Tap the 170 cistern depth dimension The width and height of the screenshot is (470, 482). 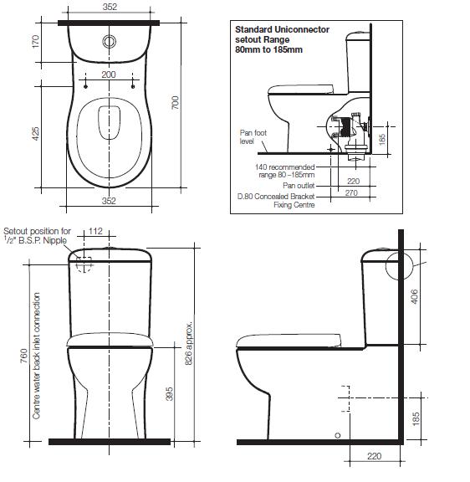pyautogui.click(x=34, y=41)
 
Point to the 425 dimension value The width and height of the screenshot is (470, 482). pyautogui.click(x=34, y=133)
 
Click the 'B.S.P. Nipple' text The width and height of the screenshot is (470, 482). pyautogui.click(x=41, y=240)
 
